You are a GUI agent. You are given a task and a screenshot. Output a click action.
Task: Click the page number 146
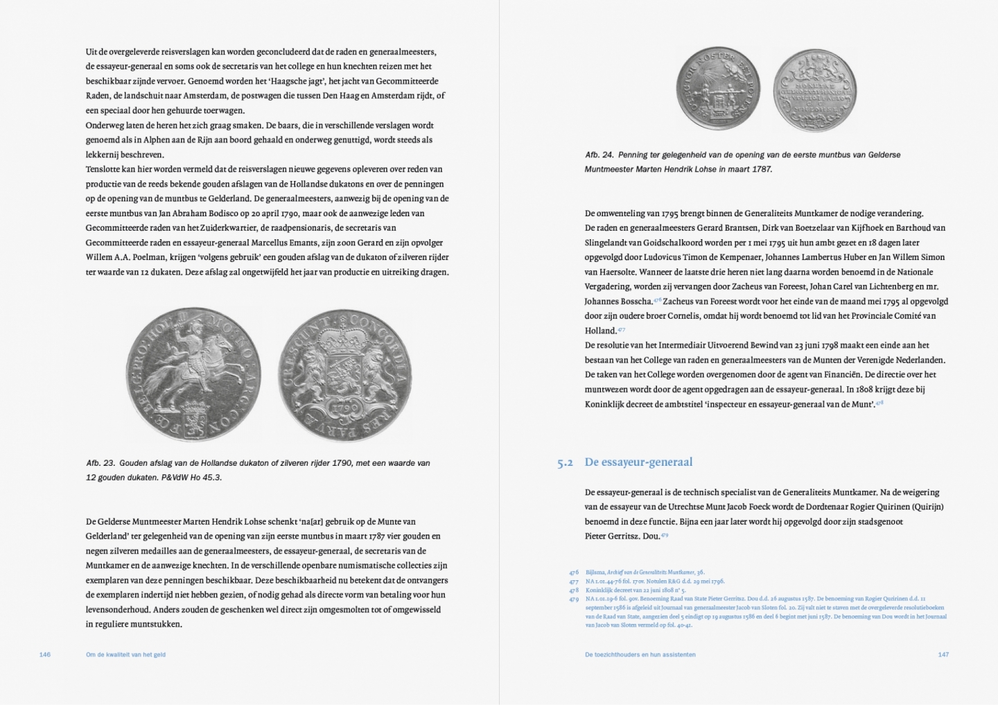pyautogui.click(x=45, y=654)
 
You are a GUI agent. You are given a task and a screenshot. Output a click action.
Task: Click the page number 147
pyautogui.click(x=943, y=654)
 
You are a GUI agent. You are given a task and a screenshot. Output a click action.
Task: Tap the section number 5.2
pyautogui.click(x=565, y=463)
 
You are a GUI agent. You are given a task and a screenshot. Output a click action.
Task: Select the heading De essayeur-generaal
pyautogui.click(x=638, y=462)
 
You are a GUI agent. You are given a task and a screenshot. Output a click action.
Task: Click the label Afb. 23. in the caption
pyautogui.click(x=100, y=463)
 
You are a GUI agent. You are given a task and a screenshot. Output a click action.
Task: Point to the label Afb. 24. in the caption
pyautogui.click(x=599, y=155)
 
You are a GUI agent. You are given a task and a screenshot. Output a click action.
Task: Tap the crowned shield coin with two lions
pyautogui.click(x=344, y=374)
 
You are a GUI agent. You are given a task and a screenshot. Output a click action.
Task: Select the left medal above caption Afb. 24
pyautogui.click(x=717, y=89)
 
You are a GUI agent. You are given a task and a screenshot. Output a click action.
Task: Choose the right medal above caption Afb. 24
pyautogui.click(x=814, y=90)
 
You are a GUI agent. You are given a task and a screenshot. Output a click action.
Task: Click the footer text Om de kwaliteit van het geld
pyautogui.click(x=125, y=654)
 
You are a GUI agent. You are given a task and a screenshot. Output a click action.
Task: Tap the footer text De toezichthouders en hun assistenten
pyautogui.click(x=640, y=654)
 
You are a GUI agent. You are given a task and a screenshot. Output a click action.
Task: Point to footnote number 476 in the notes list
pyautogui.click(x=573, y=573)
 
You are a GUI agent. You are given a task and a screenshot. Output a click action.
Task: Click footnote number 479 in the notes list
pyautogui.click(x=573, y=598)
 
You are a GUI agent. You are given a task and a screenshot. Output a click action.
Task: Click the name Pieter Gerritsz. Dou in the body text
pyautogui.click(x=621, y=536)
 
